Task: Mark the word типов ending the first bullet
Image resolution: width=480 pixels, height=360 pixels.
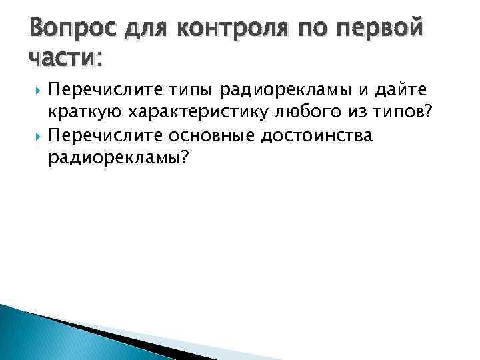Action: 403,113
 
